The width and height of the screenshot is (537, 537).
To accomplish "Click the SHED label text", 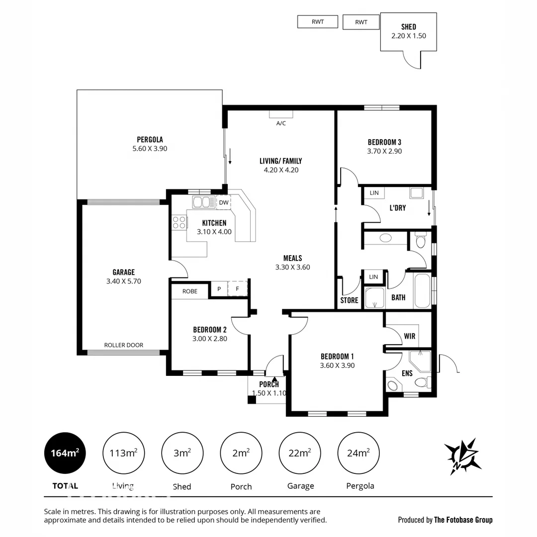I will [x=408, y=27].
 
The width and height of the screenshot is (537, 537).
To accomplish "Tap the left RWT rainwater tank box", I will [x=317, y=22].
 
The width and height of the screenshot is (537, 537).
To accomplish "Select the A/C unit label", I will [x=281, y=123].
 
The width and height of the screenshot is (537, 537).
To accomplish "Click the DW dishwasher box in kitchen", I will [x=223, y=202].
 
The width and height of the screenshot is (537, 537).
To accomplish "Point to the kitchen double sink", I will [x=201, y=202].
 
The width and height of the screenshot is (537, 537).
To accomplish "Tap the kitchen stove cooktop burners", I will [x=178, y=222].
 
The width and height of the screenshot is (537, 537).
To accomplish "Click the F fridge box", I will [x=237, y=289].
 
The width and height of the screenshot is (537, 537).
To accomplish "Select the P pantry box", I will [x=219, y=289].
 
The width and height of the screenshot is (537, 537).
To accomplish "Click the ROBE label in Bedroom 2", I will [x=189, y=291].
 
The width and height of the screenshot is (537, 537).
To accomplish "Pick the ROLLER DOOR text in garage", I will [x=123, y=345].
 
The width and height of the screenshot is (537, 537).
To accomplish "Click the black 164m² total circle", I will [x=65, y=453].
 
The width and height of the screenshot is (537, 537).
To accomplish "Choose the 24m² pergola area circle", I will [x=358, y=453].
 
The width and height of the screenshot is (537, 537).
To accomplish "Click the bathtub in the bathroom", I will [x=423, y=291].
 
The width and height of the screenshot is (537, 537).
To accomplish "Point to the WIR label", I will [x=409, y=337].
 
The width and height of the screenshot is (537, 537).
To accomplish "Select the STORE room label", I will [x=349, y=300].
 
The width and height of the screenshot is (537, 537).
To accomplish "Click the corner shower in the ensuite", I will [x=419, y=361].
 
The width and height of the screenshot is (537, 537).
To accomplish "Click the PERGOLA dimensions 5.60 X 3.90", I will [x=150, y=149].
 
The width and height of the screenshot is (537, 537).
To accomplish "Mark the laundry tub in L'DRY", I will [x=416, y=193].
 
